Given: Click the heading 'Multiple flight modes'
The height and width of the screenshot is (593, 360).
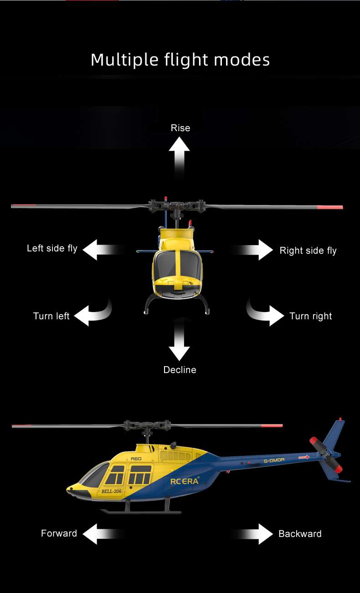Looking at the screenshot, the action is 180,60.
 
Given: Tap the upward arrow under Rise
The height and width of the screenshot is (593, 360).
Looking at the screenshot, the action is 180,158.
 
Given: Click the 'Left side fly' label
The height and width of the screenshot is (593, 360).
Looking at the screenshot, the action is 52,249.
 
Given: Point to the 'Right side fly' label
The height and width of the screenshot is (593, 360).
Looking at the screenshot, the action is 308,250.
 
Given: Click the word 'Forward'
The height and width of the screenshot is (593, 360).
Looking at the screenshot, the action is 59,533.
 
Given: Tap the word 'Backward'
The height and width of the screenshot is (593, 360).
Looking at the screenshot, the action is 300,534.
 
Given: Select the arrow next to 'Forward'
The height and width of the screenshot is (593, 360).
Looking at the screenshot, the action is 103,534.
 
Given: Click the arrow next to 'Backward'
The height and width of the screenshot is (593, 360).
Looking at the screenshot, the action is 252,534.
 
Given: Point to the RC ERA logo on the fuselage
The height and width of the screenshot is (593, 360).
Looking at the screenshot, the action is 185,481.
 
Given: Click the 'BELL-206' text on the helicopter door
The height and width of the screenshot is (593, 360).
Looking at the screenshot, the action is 112,491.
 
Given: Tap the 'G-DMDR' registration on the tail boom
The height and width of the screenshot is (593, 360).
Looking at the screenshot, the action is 274,460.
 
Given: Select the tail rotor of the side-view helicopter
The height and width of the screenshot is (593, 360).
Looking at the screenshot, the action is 326,455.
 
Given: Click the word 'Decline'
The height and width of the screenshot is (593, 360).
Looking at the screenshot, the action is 180,370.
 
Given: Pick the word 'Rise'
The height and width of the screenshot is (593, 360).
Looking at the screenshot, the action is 180,128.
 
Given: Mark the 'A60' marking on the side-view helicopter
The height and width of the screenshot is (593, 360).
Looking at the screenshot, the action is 136,459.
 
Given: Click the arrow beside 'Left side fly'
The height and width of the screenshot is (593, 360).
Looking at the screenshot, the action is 103,250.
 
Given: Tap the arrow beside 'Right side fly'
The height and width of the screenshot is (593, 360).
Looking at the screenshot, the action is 252,250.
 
